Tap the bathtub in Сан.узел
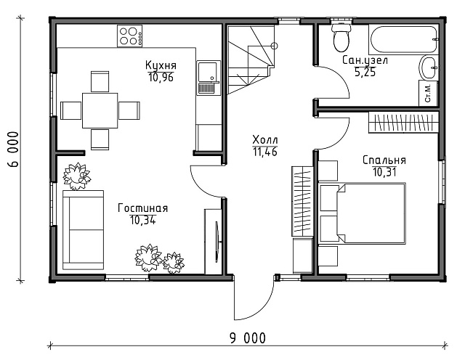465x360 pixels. coord(403,39)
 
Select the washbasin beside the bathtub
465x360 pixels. coord(429,67)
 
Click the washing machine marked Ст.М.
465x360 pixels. coord(428,93)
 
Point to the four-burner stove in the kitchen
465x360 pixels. coord(129,36)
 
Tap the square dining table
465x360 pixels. coord(100,110)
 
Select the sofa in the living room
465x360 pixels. coord(83,230)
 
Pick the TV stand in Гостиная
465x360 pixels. coord(213,242)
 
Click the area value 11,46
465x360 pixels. coord(264,152)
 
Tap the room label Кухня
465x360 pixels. coord(161,65)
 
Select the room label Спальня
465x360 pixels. coord(384,160)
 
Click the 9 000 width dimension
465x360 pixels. coord(248,338)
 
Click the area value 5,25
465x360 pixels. coord(365,72)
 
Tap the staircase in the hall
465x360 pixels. coord(251,60)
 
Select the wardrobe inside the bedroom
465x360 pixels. coord(404,123)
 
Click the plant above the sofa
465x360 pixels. coord(76,176)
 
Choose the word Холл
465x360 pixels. coord(265,139)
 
